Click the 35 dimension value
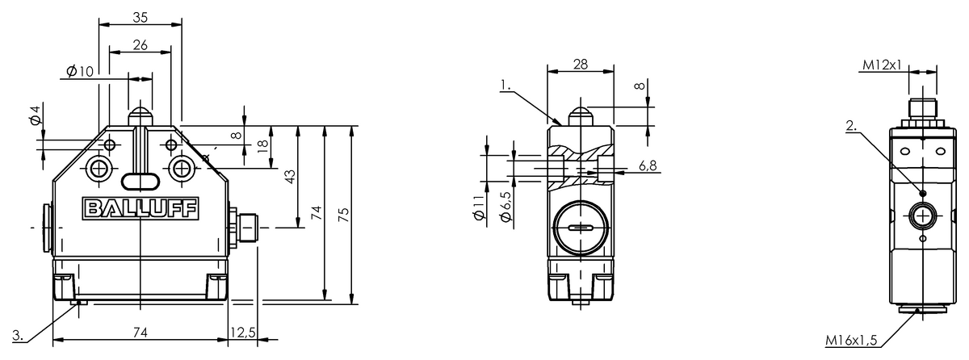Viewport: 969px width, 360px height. (140, 15)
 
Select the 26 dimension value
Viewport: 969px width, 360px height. (140, 45)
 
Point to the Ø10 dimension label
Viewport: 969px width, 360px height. (81, 72)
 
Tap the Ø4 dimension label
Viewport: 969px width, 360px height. (34, 116)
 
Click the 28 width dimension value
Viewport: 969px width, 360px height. (580, 64)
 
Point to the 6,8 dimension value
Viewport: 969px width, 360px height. (648, 165)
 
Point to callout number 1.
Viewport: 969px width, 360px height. (505, 82)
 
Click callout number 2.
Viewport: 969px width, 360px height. (850, 125)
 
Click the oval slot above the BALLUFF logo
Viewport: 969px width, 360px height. (140, 180)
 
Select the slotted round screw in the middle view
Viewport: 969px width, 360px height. (580, 229)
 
